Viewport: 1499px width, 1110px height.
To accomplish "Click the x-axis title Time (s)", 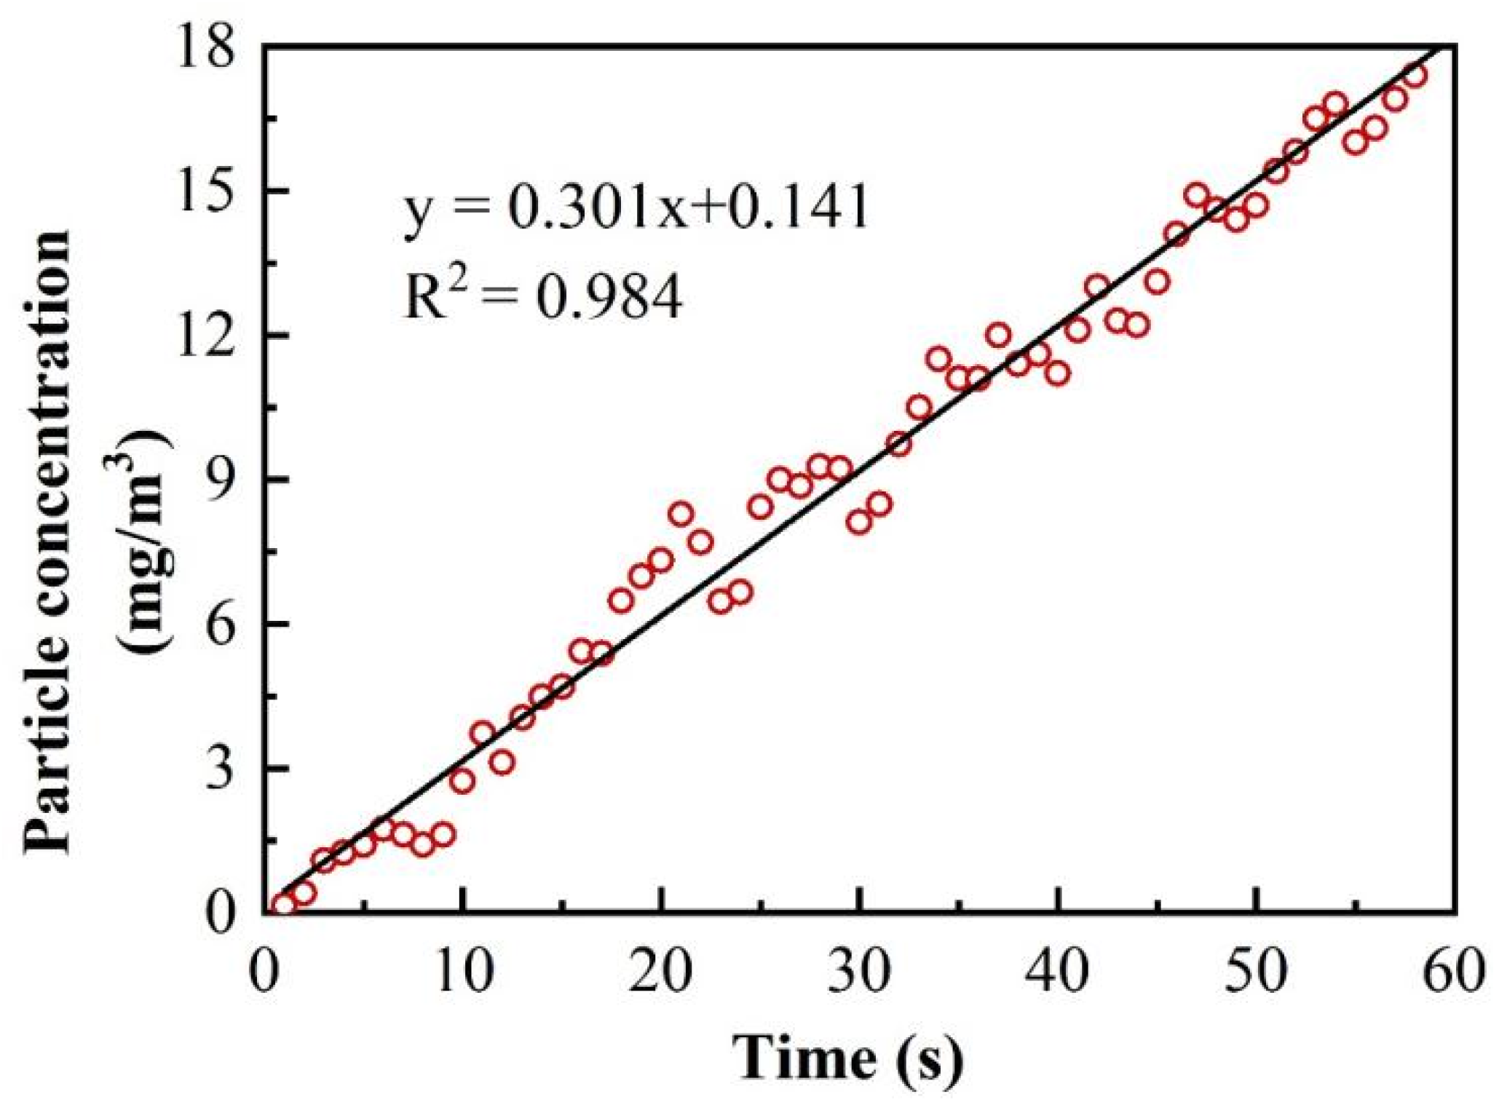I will coord(848,1056).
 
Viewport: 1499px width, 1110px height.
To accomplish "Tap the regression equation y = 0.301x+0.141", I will coord(636,208).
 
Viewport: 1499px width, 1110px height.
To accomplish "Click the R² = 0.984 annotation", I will coord(543,296).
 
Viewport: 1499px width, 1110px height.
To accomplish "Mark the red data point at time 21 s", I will coord(681,515).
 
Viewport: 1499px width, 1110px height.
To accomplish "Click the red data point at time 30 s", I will coord(860,522).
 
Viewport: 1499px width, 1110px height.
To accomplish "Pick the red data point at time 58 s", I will coord(1415,76).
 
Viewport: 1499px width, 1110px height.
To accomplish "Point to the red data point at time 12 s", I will coord(502,763).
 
